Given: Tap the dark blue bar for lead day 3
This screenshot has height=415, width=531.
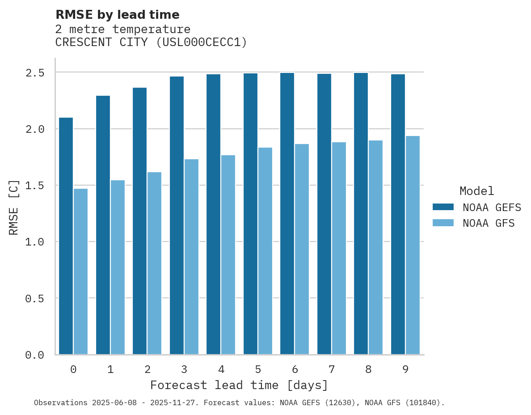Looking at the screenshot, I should tap(177, 215).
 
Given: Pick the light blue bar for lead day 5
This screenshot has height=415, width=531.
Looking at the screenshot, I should tap(265, 251).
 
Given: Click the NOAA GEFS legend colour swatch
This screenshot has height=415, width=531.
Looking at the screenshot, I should tap(443, 207).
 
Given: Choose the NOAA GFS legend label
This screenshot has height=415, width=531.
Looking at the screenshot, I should tap(489, 223).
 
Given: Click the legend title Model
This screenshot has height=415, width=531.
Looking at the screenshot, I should tap(476, 191).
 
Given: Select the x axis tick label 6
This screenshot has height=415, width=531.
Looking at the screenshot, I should tap(295, 369).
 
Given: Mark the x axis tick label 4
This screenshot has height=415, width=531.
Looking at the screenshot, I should tap(221, 369).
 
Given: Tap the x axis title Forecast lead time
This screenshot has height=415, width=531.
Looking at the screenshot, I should tap(239, 385).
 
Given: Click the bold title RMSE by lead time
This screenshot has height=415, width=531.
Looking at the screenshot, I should tap(117, 15).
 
